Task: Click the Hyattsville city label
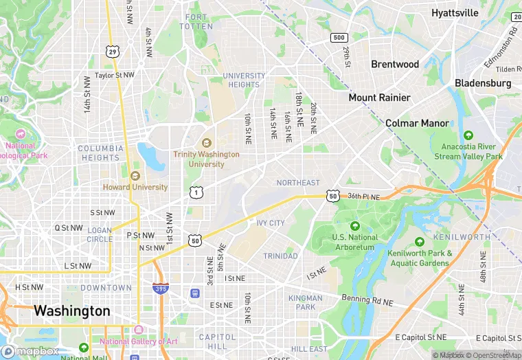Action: pyautogui.click(x=454, y=13)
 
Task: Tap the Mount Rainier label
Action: pyautogui.click(x=379, y=98)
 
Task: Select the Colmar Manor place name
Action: pyautogui.click(x=417, y=123)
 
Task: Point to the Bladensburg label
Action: pyautogui.click(x=483, y=83)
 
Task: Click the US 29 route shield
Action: pyautogui.click(x=112, y=51)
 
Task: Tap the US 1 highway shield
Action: pyautogui.click(x=196, y=191)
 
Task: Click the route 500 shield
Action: pyautogui.click(x=338, y=37)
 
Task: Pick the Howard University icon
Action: pyautogui.click(x=135, y=175)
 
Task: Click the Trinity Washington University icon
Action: pyautogui.click(x=206, y=143)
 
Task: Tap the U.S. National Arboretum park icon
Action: pyautogui.click(x=355, y=226)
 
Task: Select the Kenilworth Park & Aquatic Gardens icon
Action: pyautogui.click(x=420, y=242)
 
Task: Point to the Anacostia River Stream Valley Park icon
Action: pyautogui.click(x=468, y=135)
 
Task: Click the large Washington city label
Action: pyautogui.click(x=71, y=311)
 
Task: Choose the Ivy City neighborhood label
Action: pyautogui.click(x=271, y=223)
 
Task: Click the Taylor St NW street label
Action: pyautogui.click(x=115, y=76)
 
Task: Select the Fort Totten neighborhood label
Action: pyautogui.click(x=196, y=21)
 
